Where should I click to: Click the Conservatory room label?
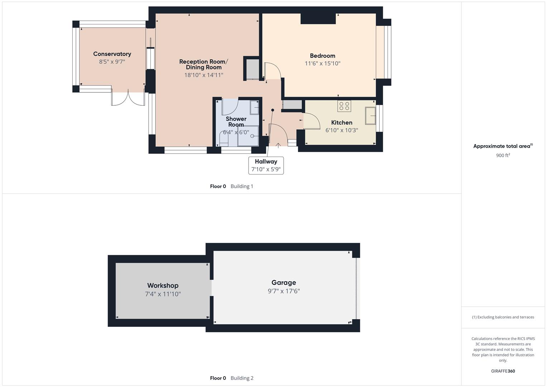(x=112, y=54)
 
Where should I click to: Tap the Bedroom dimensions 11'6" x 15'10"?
(x=322, y=63)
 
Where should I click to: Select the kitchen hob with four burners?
(x=344, y=106)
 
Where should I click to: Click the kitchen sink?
(x=370, y=115)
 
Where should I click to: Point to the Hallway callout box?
(x=266, y=165)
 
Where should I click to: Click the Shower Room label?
(x=236, y=122)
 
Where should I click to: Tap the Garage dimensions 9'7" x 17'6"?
(x=284, y=291)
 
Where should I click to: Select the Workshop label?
(x=163, y=285)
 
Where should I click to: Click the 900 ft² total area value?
(x=503, y=155)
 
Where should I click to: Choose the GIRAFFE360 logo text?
(x=503, y=371)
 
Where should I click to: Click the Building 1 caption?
(x=242, y=186)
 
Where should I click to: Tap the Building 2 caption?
(x=242, y=378)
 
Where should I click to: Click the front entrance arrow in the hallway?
(x=278, y=145)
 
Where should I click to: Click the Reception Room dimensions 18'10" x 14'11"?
(x=203, y=75)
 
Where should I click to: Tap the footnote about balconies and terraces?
(x=503, y=317)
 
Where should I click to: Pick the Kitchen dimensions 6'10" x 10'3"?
(x=341, y=130)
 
